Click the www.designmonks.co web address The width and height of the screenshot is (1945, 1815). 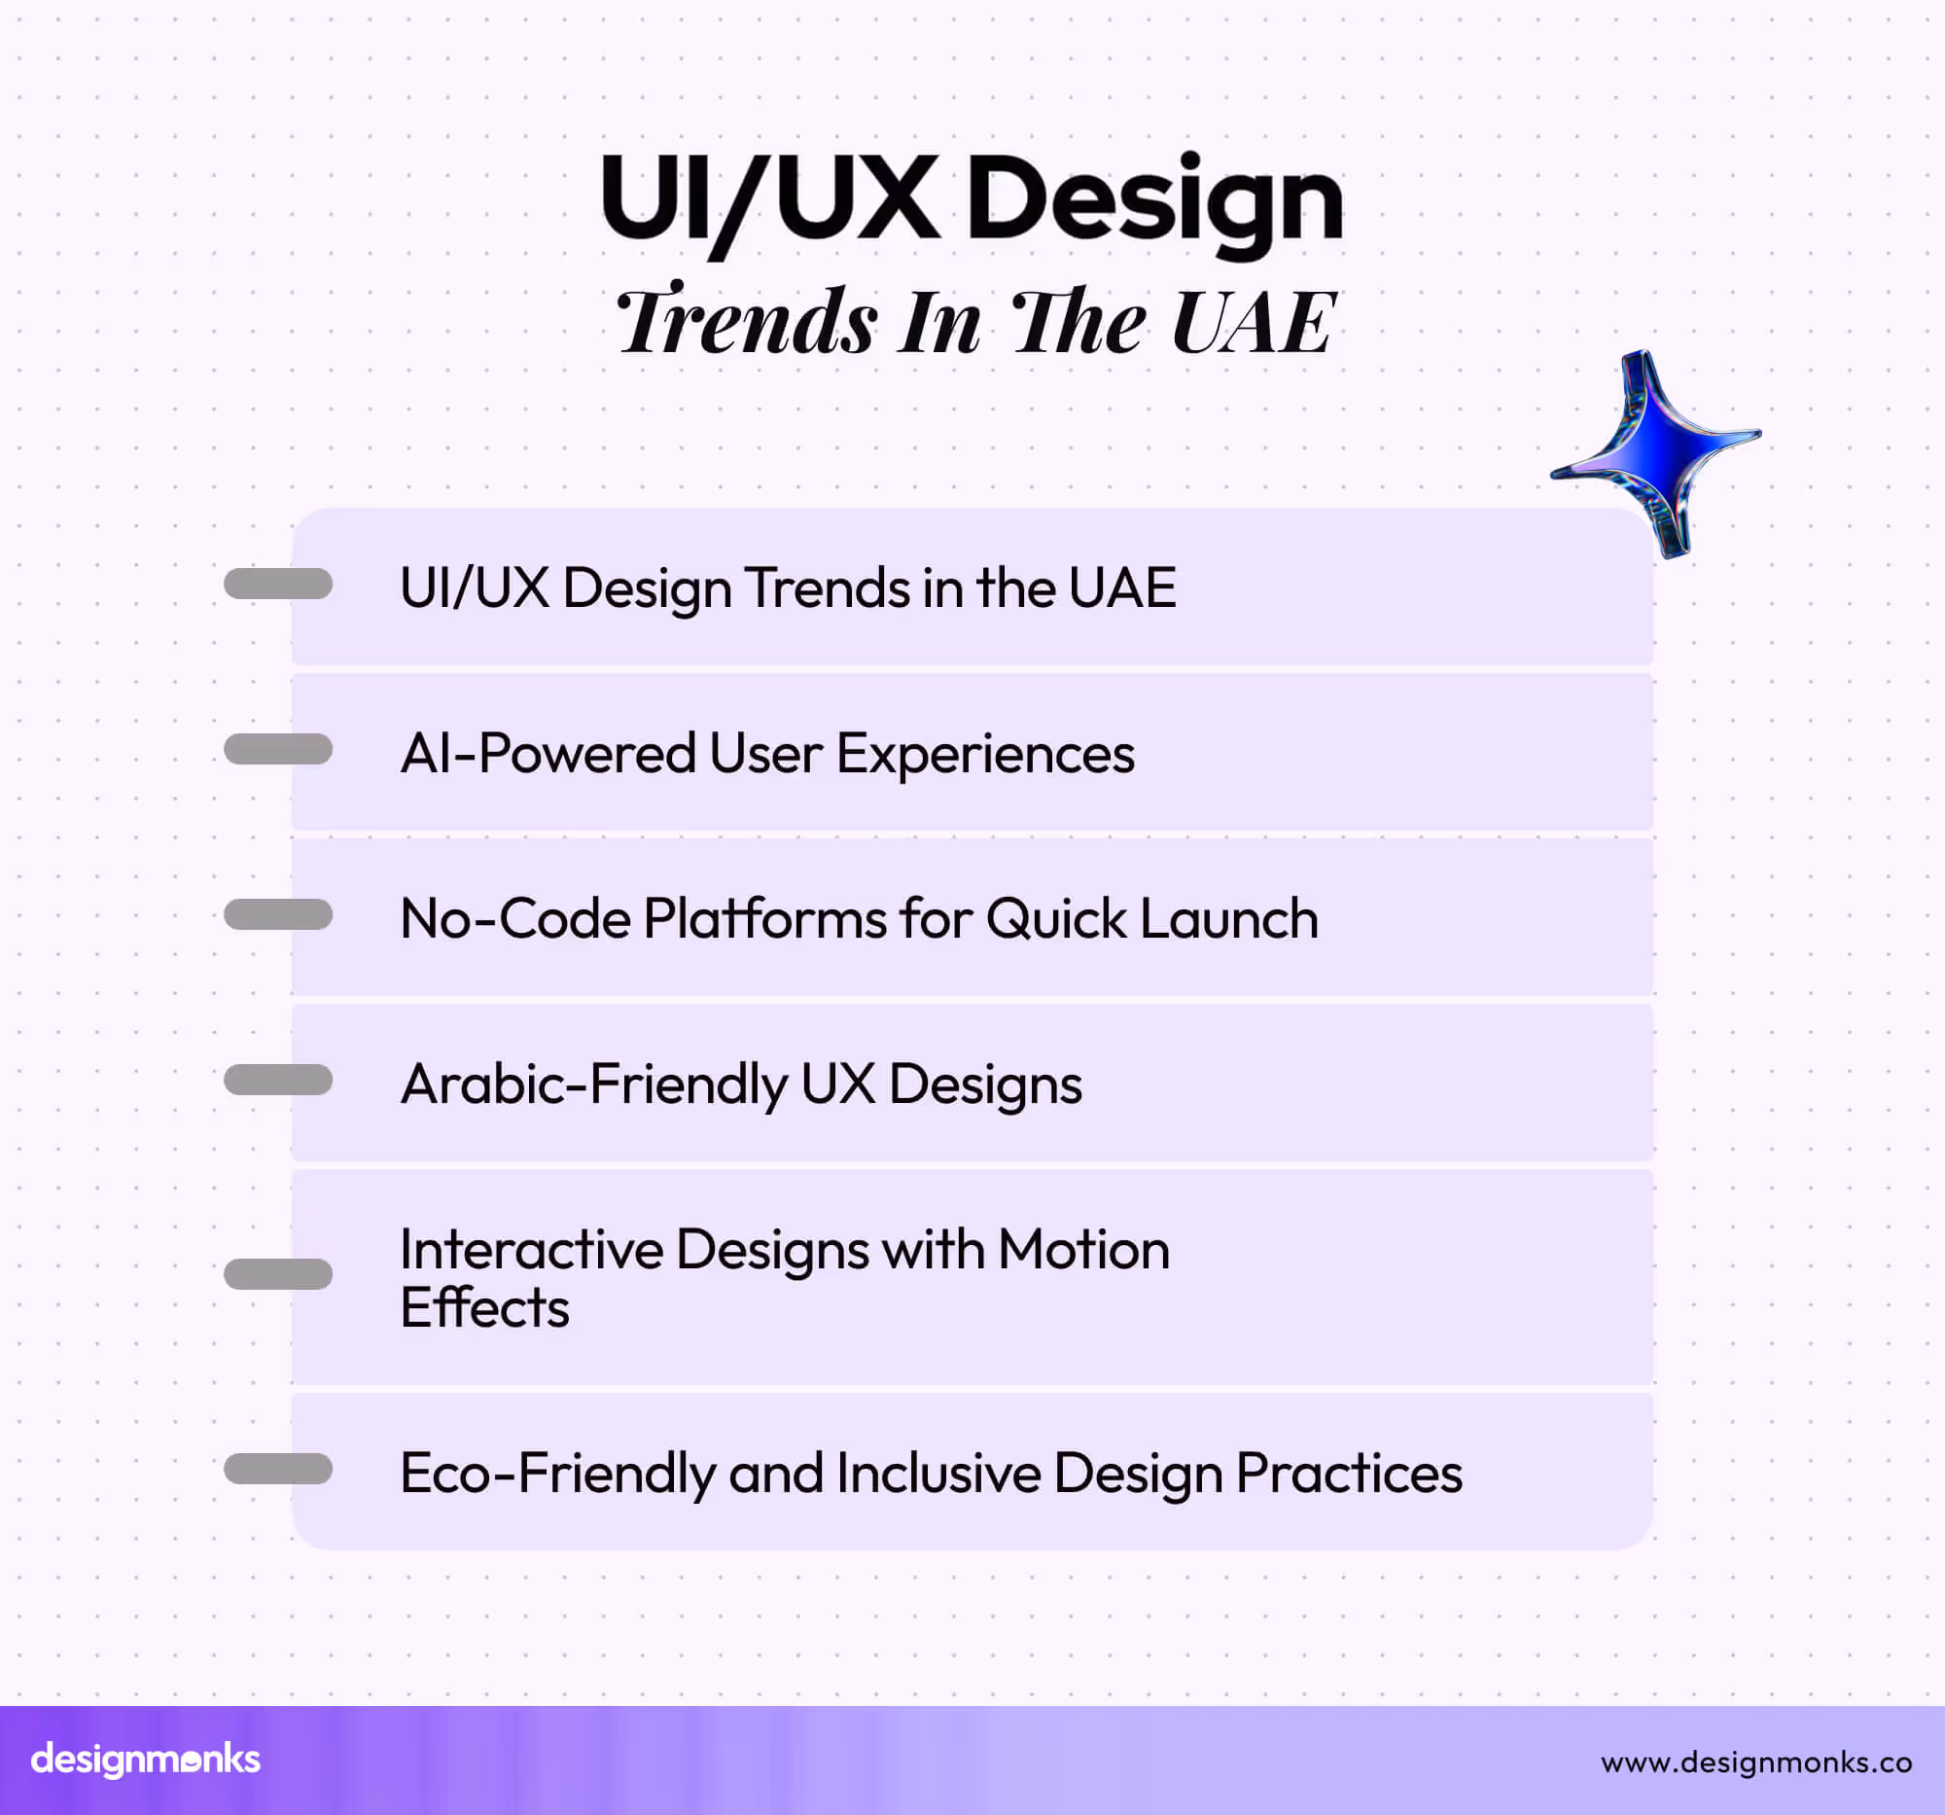[x=1755, y=1762]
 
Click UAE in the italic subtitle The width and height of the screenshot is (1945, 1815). [x=1253, y=322]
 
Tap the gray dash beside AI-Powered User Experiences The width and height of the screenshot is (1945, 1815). [x=278, y=750]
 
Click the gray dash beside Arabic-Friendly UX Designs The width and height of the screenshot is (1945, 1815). [x=278, y=1081]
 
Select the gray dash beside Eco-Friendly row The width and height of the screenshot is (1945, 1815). [x=278, y=1469]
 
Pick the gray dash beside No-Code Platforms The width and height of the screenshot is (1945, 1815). [x=278, y=915]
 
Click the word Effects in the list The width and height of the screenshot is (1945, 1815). [x=484, y=1308]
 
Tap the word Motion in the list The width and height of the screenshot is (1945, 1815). [x=1083, y=1250]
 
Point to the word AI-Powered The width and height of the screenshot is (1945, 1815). [x=548, y=755]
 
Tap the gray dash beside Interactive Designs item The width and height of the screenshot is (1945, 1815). [x=278, y=1274]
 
